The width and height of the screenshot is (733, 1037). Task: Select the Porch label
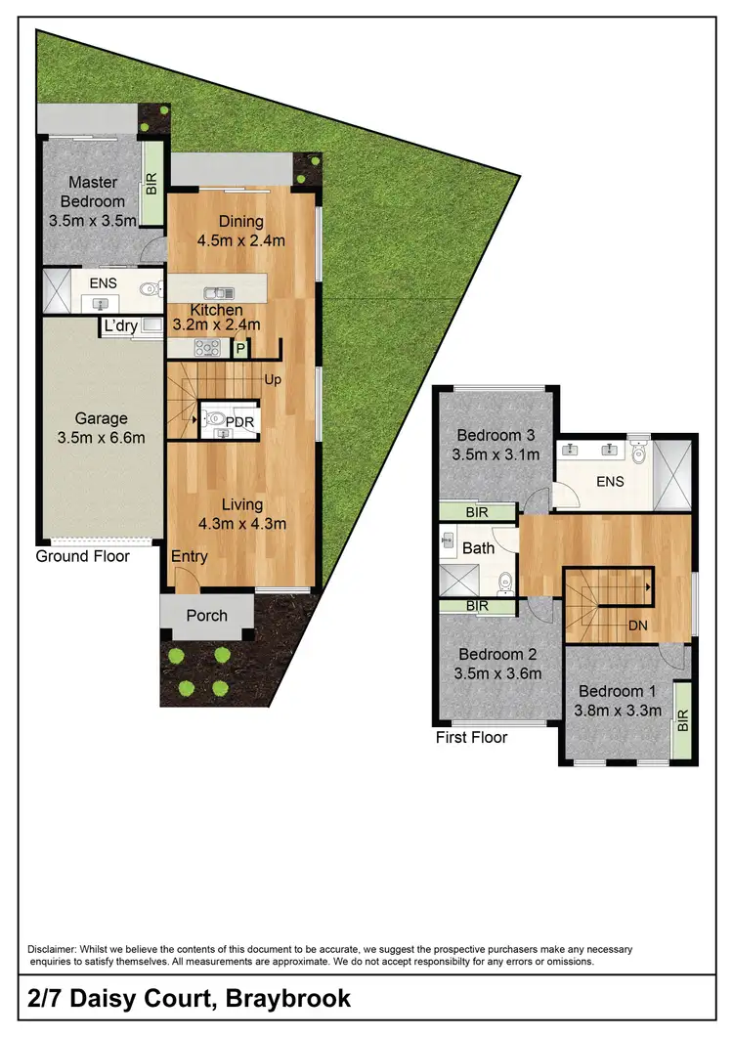pyautogui.click(x=206, y=615)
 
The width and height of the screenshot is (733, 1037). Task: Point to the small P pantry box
pyautogui.click(x=239, y=348)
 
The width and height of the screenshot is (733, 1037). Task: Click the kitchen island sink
pyautogui.click(x=216, y=292)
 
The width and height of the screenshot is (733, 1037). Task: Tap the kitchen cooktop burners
pyautogui.click(x=206, y=347)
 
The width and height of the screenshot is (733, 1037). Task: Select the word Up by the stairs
pyautogui.click(x=273, y=379)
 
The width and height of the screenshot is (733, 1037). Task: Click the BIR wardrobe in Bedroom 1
pyautogui.click(x=681, y=721)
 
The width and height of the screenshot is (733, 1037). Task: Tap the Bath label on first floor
pyautogui.click(x=478, y=548)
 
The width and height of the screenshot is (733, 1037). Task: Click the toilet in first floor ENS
pyautogui.click(x=639, y=452)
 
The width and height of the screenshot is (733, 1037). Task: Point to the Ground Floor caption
pyautogui.click(x=82, y=556)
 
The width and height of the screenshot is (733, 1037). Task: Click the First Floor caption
pyautogui.click(x=471, y=737)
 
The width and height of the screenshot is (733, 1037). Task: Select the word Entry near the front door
pyautogui.click(x=189, y=556)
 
